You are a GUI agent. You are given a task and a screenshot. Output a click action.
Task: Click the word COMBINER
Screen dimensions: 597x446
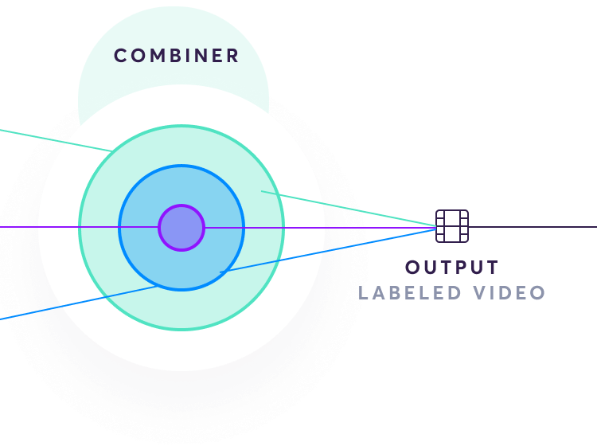pyautogui.click(x=176, y=56)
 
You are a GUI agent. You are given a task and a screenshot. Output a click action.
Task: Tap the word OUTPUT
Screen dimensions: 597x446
pyautogui.click(x=452, y=267)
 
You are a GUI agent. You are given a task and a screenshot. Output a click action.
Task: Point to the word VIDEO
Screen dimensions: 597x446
pyautogui.click(x=509, y=293)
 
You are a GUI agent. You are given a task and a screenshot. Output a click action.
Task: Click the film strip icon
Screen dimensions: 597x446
pyautogui.click(x=452, y=226)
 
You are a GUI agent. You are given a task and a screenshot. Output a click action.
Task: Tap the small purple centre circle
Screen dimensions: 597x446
pyautogui.click(x=181, y=228)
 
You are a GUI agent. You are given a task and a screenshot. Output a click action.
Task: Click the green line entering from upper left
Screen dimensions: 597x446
pyautogui.click(x=56, y=140)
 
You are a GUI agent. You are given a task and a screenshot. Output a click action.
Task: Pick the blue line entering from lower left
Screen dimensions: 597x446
pyautogui.click(x=79, y=303)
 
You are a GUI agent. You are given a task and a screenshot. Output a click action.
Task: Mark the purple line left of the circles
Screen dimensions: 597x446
pyautogui.click(x=79, y=227)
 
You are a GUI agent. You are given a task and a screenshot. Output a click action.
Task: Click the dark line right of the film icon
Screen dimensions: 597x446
pyautogui.click(x=533, y=227)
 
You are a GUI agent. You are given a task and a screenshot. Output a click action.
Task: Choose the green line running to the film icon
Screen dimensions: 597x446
pyautogui.click(x=349, y=209)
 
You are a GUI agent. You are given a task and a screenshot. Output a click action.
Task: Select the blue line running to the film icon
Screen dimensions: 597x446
pyautogui.click(x=328, y=250)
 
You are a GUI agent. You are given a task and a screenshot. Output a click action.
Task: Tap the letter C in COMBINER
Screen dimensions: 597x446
pyautogui.click(x=120, y=56)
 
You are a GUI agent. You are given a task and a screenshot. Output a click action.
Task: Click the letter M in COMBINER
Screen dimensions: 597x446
pyautogui.click(x=157, y=56)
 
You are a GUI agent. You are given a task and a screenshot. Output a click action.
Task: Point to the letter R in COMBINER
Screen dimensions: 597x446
pyautogui.click(x=233, y=56)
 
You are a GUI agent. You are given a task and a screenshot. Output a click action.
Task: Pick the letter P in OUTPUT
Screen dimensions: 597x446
pyautogui.click(x=456, y=267)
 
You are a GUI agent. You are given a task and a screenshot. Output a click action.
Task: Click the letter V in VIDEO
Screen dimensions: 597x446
pyautogui.click(x=480, y=293)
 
